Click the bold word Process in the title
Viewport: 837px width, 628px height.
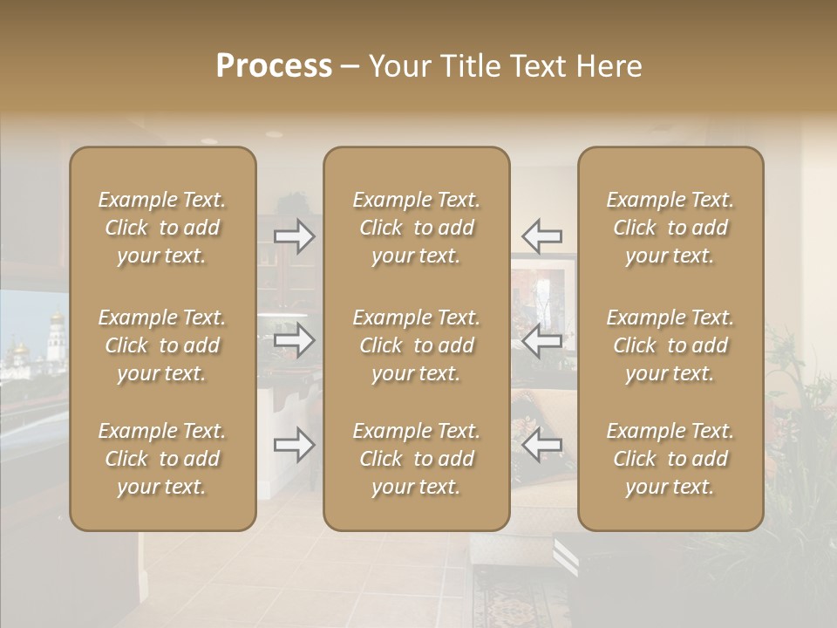[x=274, y=66]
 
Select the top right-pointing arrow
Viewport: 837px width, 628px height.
[x=295, y=235]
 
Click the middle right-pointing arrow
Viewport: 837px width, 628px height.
[x=295, y=340]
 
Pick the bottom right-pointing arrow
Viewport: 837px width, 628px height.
[x=295, y=445]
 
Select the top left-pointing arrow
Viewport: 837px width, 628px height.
[x=541, y=235]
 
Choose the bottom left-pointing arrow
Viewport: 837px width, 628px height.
[x=541, y=445]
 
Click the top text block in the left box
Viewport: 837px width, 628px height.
[x=162, y=228]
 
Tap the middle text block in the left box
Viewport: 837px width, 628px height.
[x=162, y=345]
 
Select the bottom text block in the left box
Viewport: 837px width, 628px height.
[x=162, y=459]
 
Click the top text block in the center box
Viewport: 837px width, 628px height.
[x=416, y=228]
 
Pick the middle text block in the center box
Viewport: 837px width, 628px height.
[x=416, y=345]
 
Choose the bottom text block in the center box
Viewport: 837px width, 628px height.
[x=416, y=459]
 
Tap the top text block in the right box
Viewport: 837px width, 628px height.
[x=670, y=228]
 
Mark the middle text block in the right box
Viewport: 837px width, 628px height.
[x=670, y=345]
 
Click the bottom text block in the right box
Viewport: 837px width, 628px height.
[x=670, y=459]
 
